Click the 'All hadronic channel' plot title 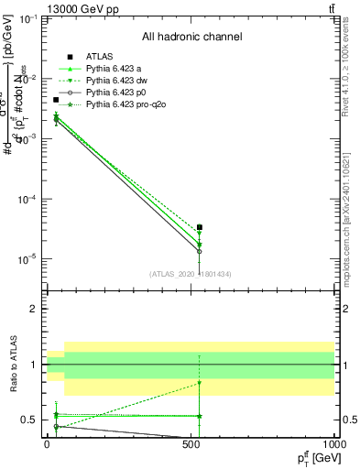(x=191, y=38)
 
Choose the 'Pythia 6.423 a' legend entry (x=115, y=70)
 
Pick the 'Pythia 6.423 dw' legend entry (x=118, y=82)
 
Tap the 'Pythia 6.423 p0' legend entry (x=117, y=93)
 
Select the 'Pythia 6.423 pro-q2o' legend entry (x=126, y=105)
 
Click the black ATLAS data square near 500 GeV (x=200, y=227)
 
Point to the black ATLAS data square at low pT (x=56, y=100)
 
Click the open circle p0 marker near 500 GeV (x=200, y=251)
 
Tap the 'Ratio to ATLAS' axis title (x=12, y=364)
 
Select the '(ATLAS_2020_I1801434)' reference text (x=191, y=274)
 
